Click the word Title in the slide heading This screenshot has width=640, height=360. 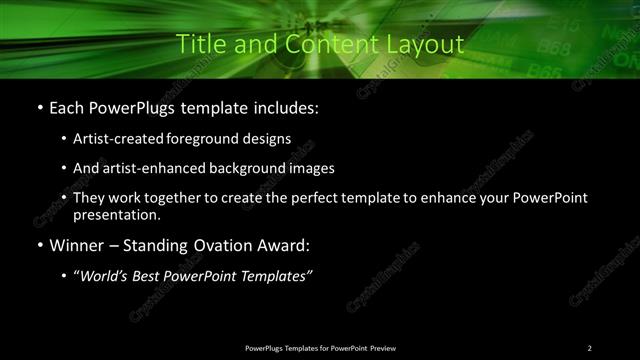click(199, 45)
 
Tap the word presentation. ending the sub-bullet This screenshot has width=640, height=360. click(117, 215)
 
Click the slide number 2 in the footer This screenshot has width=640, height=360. click(590, 347)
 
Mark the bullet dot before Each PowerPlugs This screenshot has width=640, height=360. click(39, 107)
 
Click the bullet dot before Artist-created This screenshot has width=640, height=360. click(64, 140)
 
